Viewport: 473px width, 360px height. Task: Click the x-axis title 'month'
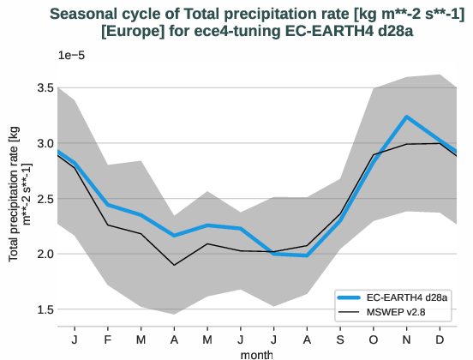(258, 352)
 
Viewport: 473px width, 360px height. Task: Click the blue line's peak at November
(407, 117)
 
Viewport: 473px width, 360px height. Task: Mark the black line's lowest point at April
(175, 265)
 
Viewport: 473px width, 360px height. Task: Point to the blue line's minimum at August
(308, 255)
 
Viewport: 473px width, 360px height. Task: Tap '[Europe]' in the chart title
(131, 31)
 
